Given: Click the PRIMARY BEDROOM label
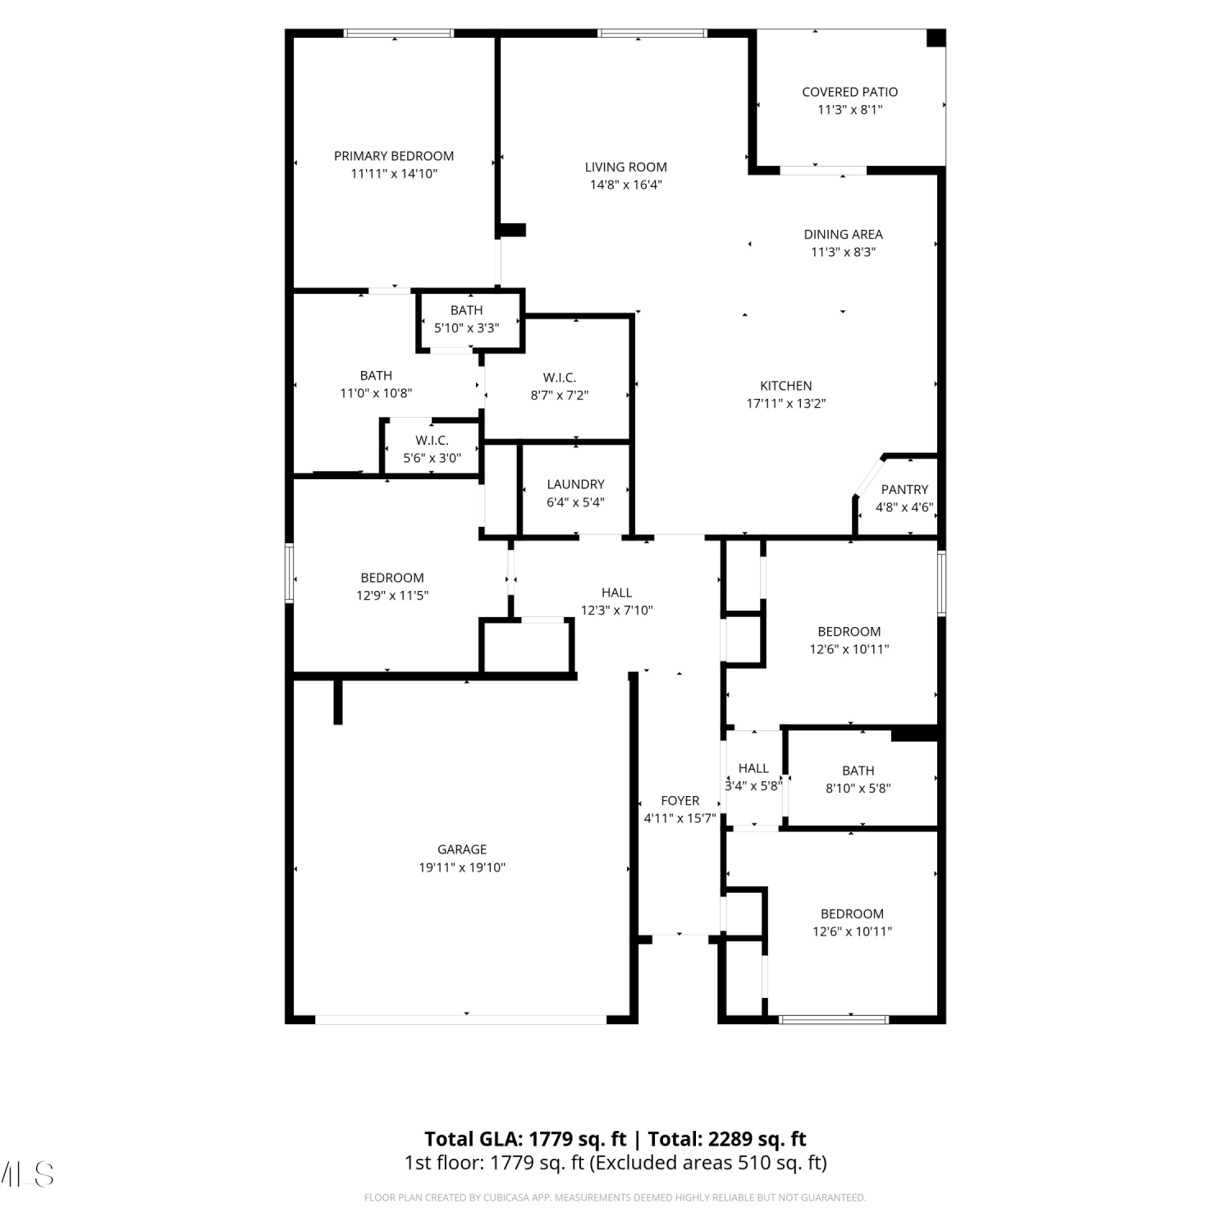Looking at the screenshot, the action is [394, 156].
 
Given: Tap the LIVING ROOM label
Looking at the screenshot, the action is [626, 167].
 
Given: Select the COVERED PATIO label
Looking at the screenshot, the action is [850, 92].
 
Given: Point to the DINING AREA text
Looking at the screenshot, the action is [844, 235].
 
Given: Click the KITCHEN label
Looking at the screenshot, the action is [786, 386].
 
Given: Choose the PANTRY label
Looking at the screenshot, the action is [905, 489].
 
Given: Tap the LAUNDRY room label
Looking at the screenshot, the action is [576, 484].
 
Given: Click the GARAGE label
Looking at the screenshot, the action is [462, 849].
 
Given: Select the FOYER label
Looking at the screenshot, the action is [680, 801].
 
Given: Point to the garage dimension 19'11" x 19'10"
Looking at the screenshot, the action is [462, 867].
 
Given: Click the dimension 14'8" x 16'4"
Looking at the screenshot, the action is [626, 185].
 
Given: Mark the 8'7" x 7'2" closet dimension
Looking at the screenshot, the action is [560, 396].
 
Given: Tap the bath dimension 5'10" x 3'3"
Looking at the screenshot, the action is [467, 328].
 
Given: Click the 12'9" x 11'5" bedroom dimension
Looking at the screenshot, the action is [392, 596].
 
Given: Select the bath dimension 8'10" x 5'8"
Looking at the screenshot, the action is [858, 789].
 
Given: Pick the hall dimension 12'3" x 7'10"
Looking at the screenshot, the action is [617, 611].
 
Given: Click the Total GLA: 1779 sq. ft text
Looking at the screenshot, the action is [525, 1139].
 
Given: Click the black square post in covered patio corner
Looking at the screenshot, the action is [936, 38].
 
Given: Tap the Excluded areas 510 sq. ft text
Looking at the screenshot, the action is [710, 1163].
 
